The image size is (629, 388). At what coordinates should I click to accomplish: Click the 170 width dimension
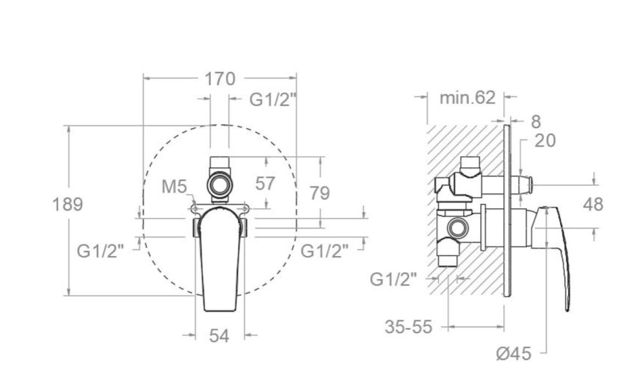[x=220, y=79]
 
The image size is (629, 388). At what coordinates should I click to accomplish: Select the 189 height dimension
[x=68, y=204]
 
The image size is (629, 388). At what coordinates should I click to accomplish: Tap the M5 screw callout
[x=174, y=186]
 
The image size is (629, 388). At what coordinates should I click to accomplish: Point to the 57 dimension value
[x=265, y=184]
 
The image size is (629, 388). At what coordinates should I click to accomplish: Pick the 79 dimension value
[x=320, y=193]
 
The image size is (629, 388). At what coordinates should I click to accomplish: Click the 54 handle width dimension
[x=219, y=336]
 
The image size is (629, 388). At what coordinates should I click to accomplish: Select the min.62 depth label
[x=467, y=98]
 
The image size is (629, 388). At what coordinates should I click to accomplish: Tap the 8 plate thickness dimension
[x=536, y=122]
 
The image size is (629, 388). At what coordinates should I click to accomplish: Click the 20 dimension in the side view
[x=545, y=141]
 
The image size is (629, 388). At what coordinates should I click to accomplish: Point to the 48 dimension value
[x=593, y=204]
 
